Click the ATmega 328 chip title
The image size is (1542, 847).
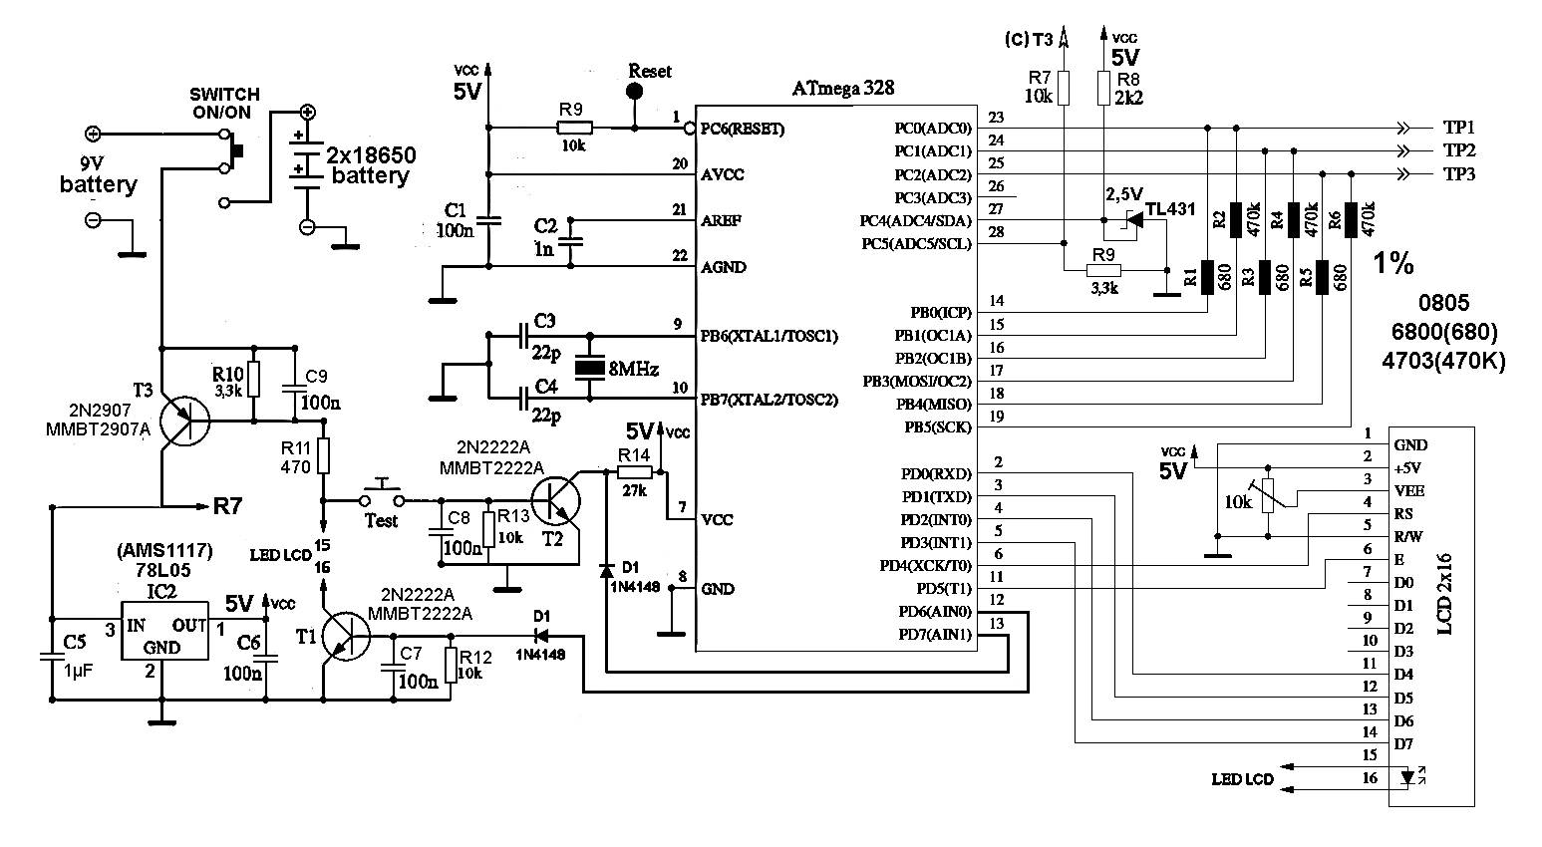click(x=842, y=88)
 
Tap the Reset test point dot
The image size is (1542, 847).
click(x=635, y=91)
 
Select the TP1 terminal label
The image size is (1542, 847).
click(x=1458, y=128)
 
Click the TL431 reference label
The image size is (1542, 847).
click(x=1169, y=208)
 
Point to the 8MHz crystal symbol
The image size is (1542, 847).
click(x=589, y=368)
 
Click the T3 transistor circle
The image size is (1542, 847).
click(x=184, y=421)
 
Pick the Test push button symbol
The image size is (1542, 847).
click(x=382, y=492)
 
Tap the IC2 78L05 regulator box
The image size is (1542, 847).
click(x=164, y=631)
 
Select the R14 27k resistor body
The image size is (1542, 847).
click(x=634, y=472)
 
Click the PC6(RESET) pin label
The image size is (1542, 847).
click(x=742, y=129)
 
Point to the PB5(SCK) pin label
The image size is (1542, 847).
click(x=938, y=427)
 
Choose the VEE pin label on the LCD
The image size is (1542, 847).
click(x=1409, y=490)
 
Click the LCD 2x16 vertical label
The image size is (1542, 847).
click(x=1445, y=594)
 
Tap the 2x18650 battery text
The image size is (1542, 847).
click(x=371, y=165)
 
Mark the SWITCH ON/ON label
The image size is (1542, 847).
click(x=224, y=104)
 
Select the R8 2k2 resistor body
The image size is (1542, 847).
click(x=1103, y=88)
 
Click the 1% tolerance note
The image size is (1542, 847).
click(x=1393, y=263)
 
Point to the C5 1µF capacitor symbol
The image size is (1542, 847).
click(x=52, y=657)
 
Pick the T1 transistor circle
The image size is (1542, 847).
click(x=346, y=637)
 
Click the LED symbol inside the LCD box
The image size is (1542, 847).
click(x=1408, y=777)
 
